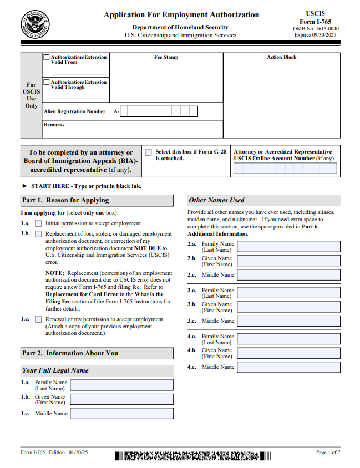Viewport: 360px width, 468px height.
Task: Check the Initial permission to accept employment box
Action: pos(38,223)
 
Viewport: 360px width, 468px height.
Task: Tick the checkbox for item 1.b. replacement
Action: pos(38,234)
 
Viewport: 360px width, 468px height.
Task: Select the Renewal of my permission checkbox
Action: pos(38,319)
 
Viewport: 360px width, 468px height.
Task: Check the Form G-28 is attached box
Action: pos(148,152)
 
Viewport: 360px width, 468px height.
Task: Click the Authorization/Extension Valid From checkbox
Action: pos(46,57)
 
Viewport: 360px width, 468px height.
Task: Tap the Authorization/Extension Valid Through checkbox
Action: pos(46,82)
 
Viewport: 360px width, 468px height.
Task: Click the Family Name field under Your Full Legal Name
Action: pos(121,385)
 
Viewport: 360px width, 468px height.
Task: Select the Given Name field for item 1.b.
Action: pos(121,399)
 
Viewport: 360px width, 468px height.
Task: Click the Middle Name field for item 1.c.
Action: pos(121,413)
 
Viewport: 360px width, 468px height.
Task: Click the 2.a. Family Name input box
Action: pos(288,246)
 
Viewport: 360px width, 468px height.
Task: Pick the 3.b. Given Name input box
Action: pos(288,307)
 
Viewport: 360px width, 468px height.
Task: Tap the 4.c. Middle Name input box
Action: pos(288,367)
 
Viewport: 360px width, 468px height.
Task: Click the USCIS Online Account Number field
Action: pos(285,169)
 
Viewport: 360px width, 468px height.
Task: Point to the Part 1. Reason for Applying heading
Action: pos(65,200)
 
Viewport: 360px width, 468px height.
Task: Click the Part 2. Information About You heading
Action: pos(70,353)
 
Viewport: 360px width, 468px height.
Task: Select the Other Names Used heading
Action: pos(216,200)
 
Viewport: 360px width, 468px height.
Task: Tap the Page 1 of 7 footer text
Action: pos(328,453)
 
